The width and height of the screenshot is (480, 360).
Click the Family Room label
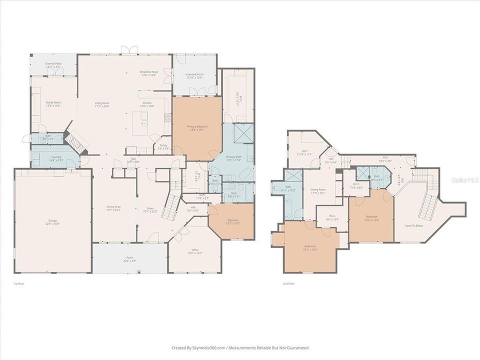pyautogui.click(x=53, y=103)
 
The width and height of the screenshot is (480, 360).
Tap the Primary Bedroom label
pyautogui.click(x=197, y=127)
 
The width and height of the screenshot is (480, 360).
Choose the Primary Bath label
pyautogui.click(x=233, y=158)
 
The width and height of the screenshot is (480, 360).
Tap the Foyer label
pyautogui.click(x=150, y=209)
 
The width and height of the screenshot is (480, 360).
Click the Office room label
pyautogui.click(x=195, y=251)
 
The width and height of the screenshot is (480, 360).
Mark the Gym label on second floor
pyautogui.click(x=304, y=152)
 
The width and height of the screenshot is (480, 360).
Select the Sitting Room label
pyautogui.click(x=318, y=191)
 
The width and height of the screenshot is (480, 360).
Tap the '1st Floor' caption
pyautogui.click(x=18, y=283)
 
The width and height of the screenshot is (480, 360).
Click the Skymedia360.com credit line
pyautogui.click(x=240, y=348)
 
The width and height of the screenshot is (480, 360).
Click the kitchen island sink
pyautogui.click(x=144, y=120)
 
